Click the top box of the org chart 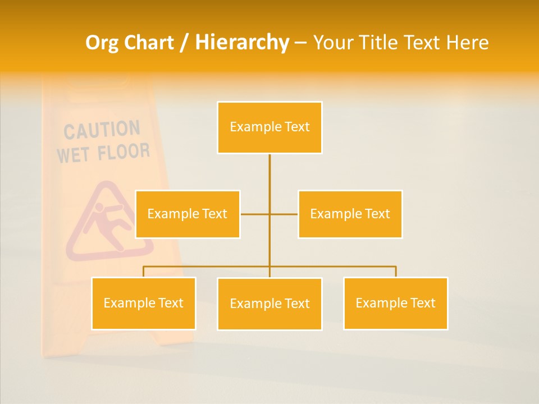(x=269, y=127)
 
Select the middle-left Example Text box (x=188, y=214)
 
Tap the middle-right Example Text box (x=350, y=214)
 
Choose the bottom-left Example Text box (x=143, y=303)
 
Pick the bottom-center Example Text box (x=269, y=304)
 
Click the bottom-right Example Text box (x=395, y=303)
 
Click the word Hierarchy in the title (x=242, y=43)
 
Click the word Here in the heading (x=467, y=43)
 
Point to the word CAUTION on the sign (x=102, y=130)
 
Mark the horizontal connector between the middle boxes (x=255, y=214)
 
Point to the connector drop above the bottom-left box (x=143, y=272)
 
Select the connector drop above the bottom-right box (x=396, y=272)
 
